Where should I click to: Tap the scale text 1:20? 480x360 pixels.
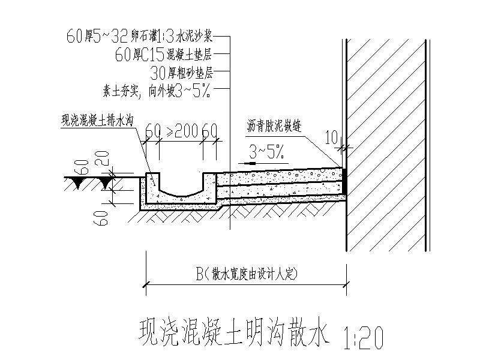click(364, 338)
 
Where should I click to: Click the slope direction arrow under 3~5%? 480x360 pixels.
click(251, 163)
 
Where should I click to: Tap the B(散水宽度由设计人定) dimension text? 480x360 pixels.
click(246, 274)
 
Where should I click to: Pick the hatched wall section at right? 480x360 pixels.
click(387, 144)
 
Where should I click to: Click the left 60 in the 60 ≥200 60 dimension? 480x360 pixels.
click(153, 131)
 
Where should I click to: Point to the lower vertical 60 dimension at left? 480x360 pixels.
click(103, 214)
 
